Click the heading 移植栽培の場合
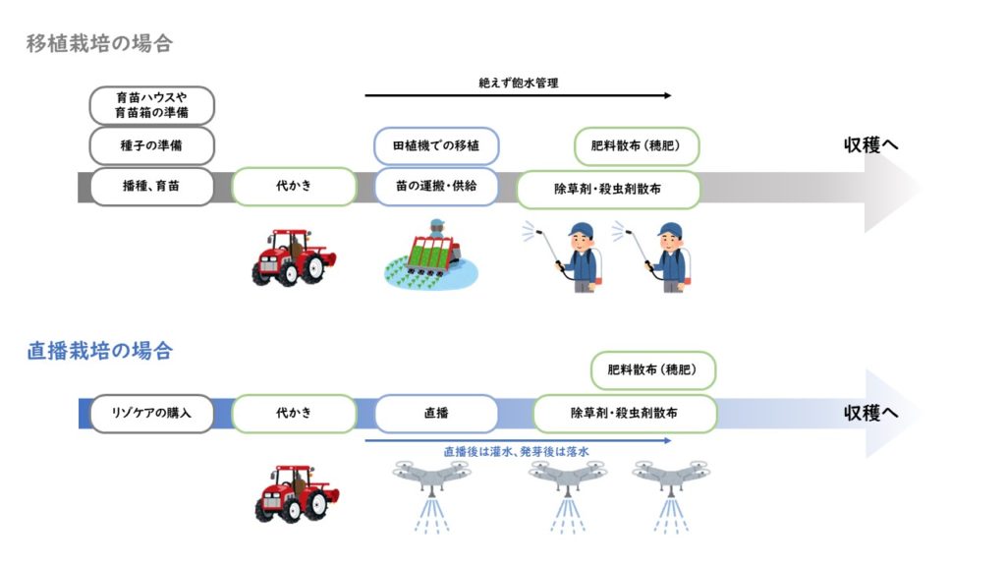(x=99, y=43)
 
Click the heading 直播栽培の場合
(x=99, y=351)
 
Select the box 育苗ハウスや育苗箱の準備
(x=151, y=105)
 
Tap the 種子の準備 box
(x=151, y=146)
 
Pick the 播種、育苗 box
(x=151, y=186)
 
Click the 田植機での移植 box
(x=436, y=146)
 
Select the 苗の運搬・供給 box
(x=436, y=186)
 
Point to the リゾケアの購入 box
(x=151, y=414)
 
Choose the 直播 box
(x=436, y=414)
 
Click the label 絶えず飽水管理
(x=518, y=84)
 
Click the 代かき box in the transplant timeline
(x=294, y=186)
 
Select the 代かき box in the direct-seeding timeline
(x=294, y=414)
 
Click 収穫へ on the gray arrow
(x=871, y=145)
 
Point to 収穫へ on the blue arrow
(x=871, y=413)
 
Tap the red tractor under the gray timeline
(x=293, y=258)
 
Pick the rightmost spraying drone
(x=671, y=491)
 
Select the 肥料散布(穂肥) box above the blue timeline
(x=653, y=371)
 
